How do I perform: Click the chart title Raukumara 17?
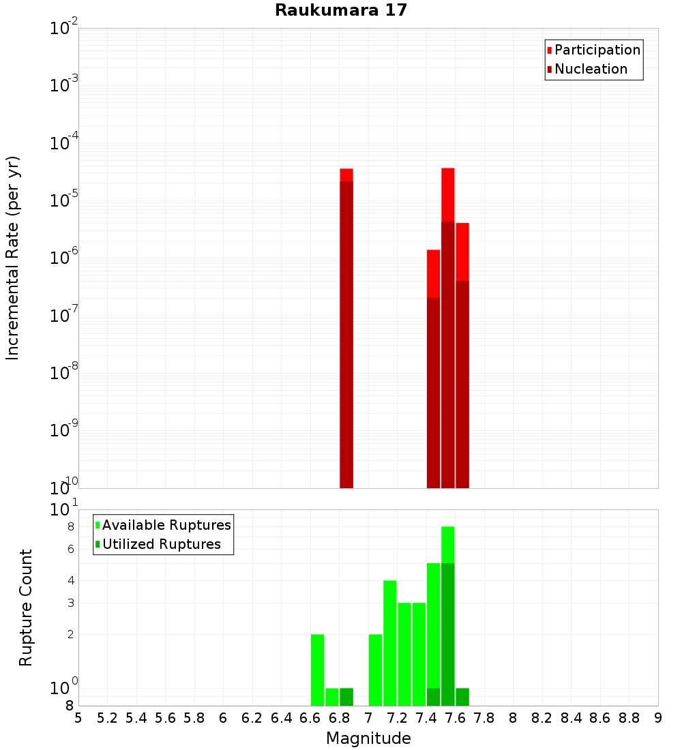341,11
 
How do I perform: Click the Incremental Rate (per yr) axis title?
13,258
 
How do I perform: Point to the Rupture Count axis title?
26,607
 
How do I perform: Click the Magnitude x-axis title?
368,738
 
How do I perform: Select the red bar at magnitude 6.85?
346,327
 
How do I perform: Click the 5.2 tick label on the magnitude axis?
108,718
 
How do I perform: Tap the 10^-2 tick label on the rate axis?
65,29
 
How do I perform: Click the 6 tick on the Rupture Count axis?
70,549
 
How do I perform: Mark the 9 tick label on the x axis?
657,718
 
